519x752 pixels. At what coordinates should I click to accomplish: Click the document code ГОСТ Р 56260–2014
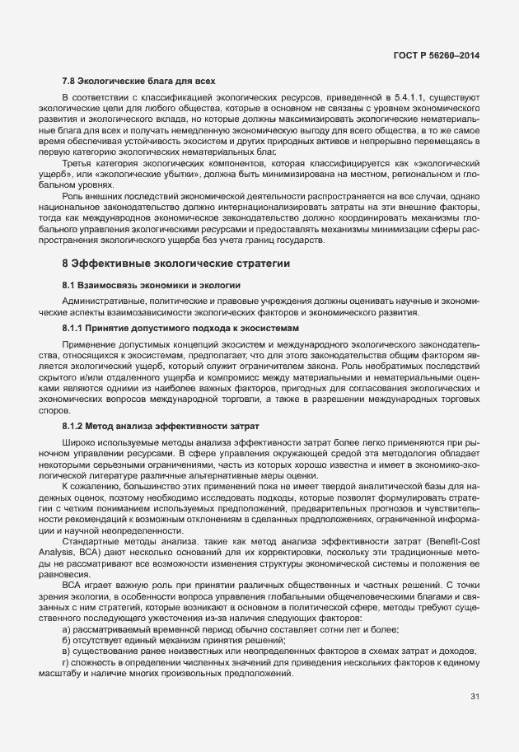click(x=437, y=55)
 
